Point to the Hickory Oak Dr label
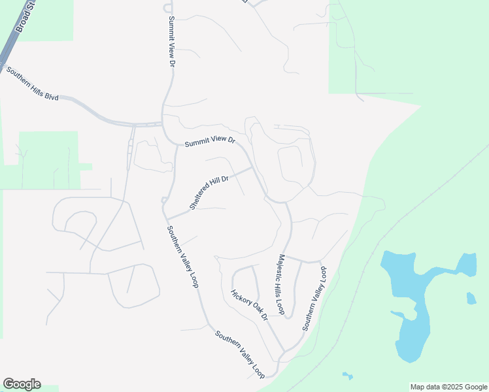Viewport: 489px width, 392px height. [250, 305]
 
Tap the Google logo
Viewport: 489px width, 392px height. [22, 384]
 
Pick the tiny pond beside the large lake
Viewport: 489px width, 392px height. [471, 299]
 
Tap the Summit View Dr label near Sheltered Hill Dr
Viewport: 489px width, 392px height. [209, 142]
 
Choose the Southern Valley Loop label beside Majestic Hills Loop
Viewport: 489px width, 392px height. [314, 298]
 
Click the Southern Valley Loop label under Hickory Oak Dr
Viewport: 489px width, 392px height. [241, 354]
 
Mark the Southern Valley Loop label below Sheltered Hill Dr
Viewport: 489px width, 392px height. [182, 257]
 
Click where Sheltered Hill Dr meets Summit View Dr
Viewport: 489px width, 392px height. [252, 168]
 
